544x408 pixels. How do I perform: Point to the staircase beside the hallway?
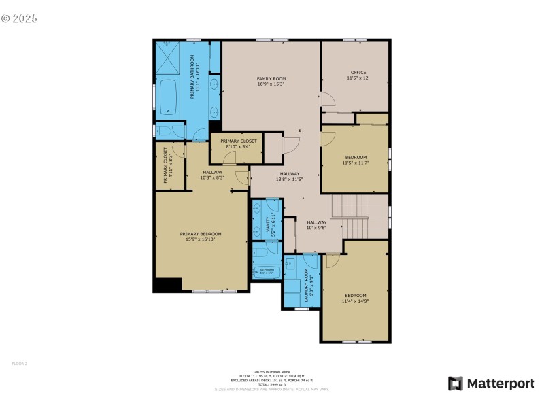point(358,216)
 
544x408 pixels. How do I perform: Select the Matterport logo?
point(491,384)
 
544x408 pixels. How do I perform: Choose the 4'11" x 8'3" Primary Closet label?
point(166,167)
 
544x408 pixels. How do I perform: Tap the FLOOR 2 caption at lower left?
point(19,364)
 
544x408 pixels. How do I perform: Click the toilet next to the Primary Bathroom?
point(163,131)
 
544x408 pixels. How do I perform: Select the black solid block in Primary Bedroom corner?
point(167,285)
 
